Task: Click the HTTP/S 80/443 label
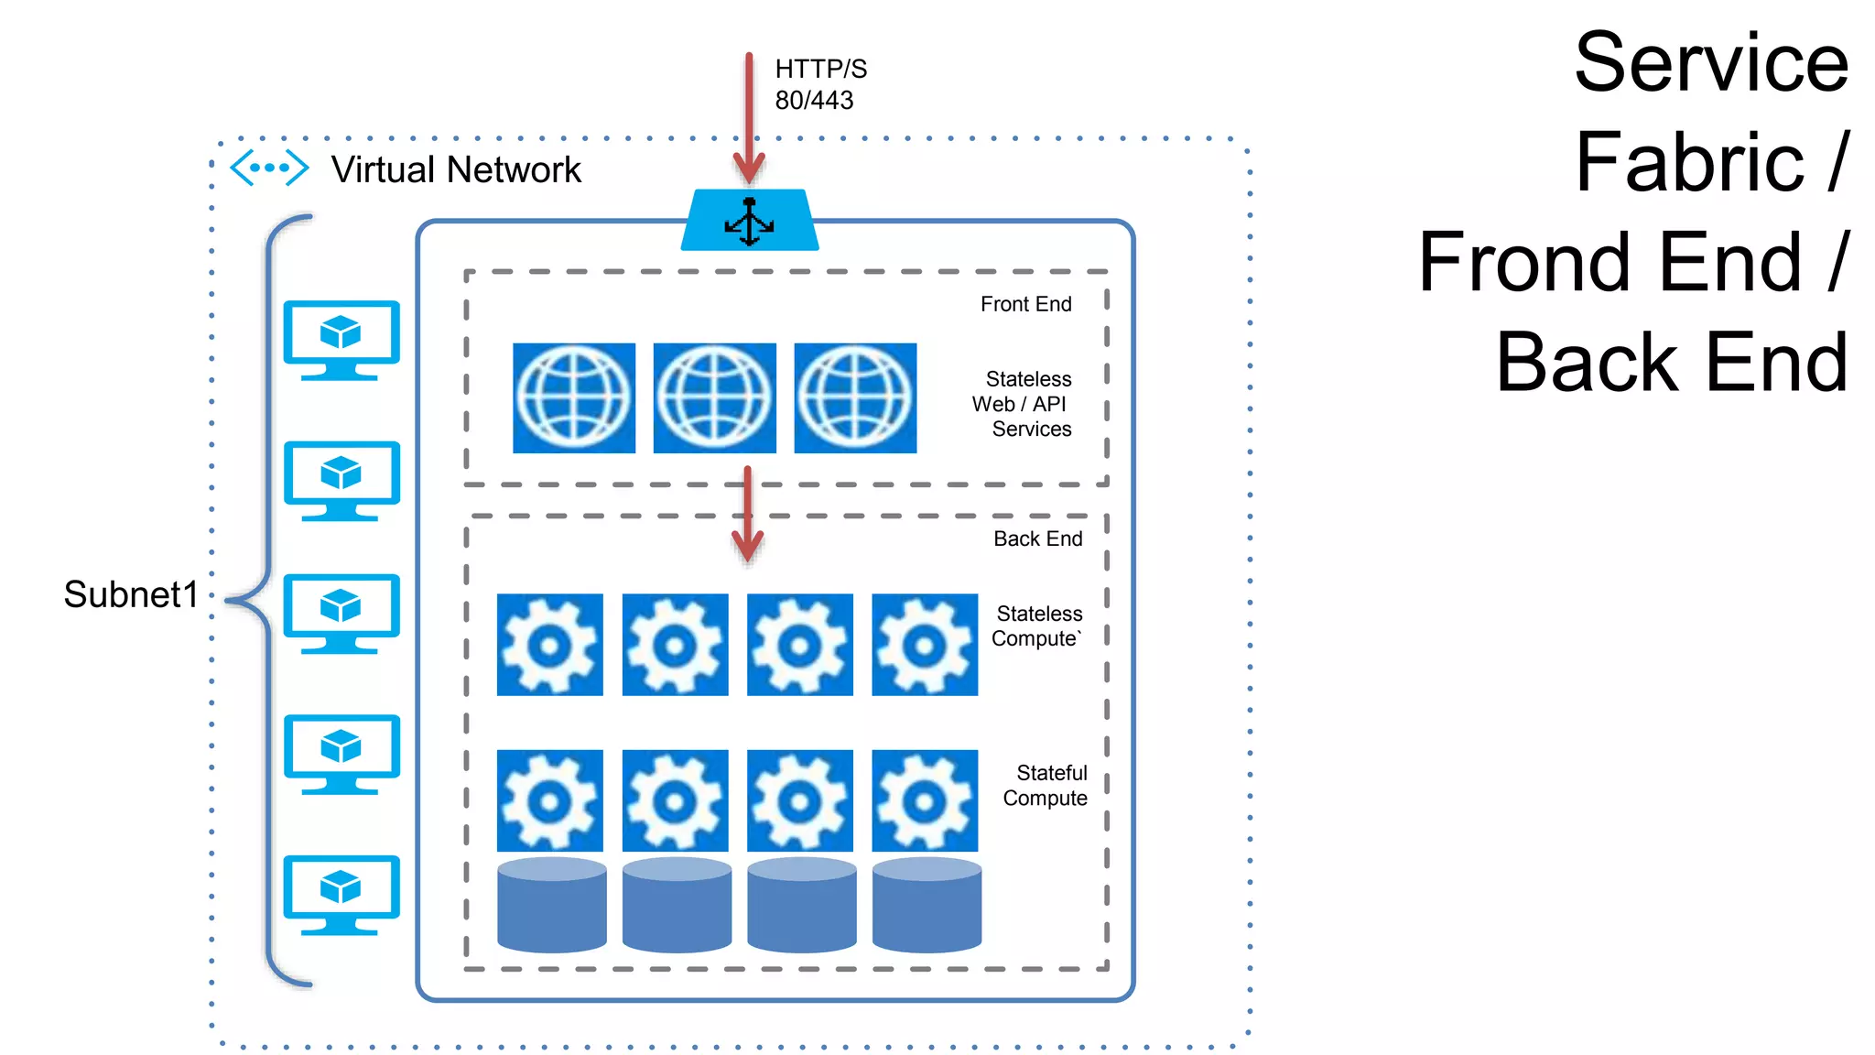819,84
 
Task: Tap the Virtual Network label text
456,170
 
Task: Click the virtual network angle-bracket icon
268,169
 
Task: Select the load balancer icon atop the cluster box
750,221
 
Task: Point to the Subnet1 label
131,595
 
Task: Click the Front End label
1025,304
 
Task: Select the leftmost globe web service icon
574,398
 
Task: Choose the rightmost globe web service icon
855,398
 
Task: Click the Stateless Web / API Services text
1024,404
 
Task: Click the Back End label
1037,538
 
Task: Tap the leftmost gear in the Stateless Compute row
549,645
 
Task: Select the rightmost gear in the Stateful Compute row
925,800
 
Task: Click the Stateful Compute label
1046,786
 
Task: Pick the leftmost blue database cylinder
551,905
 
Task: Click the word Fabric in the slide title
1689,163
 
